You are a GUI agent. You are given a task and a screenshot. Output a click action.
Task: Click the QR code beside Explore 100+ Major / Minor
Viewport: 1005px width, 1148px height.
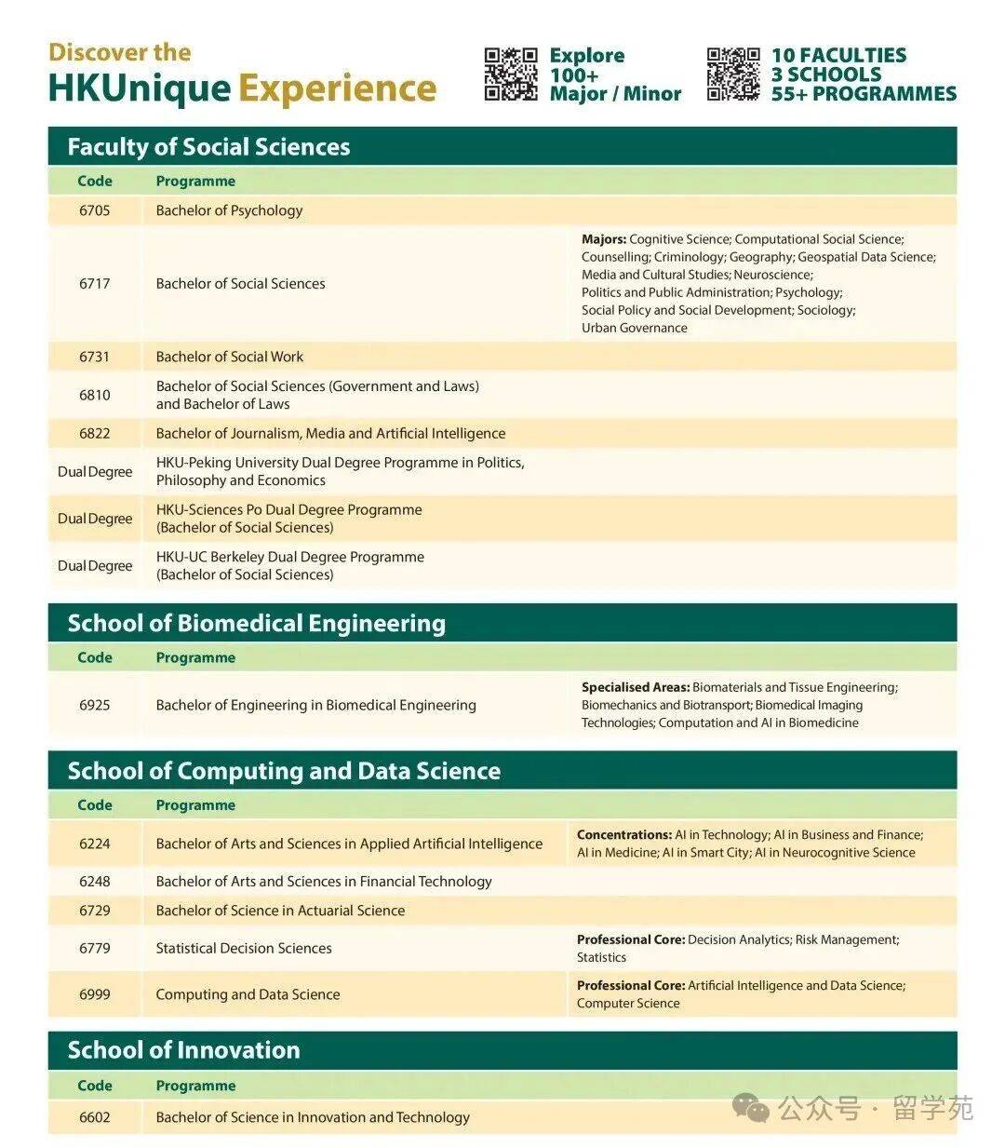(x=511, y=74)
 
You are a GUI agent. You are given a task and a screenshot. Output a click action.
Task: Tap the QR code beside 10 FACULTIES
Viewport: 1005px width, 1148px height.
(x=733, y=74)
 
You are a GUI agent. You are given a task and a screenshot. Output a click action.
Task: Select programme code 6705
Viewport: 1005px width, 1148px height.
(x=95, y=210)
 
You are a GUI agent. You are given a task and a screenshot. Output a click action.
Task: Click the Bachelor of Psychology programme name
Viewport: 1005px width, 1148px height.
(x=229, y=210)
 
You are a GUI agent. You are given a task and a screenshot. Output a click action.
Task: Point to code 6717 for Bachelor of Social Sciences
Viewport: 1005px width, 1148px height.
(x=95, y=283)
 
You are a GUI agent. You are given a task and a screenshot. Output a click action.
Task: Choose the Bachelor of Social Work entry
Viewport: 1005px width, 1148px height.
(x=230, y=357)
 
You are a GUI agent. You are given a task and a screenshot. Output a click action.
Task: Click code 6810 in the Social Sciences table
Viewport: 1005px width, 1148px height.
(x=95, y=395)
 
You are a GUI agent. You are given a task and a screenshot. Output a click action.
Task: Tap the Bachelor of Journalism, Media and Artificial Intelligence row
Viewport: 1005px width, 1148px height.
(x=330, y=433)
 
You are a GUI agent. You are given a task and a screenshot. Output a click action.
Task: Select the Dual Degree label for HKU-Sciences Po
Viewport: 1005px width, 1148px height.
(x=95, y=519)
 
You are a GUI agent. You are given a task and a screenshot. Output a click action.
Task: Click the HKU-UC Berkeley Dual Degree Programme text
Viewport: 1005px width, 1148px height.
(x=289, y=557)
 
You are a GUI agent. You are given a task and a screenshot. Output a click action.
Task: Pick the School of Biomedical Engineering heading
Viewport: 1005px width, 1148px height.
(x=256, y=623)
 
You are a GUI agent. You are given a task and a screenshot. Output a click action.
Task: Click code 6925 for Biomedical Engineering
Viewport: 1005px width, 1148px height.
(x=95, y=705)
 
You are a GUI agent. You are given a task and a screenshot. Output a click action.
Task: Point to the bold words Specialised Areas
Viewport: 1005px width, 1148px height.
(x=636, y=687)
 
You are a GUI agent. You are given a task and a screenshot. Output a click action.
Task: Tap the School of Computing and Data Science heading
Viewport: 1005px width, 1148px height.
(x=284, y=771)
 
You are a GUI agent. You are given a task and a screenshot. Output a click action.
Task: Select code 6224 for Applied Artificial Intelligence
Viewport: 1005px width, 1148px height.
(x=95, y=844)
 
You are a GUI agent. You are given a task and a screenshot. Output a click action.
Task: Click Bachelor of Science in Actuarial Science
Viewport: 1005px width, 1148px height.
(x=280, y=911)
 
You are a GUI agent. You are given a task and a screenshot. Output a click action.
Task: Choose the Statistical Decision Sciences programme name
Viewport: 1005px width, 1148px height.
(x=244, y=948)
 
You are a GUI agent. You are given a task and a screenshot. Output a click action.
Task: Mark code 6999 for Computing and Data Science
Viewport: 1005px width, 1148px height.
(x=95, y=994)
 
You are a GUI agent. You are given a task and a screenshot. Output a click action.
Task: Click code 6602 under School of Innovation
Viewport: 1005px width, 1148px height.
(x=95, y=1117)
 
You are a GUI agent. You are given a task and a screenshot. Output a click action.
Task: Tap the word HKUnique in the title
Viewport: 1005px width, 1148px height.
(x=139, y=88)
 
